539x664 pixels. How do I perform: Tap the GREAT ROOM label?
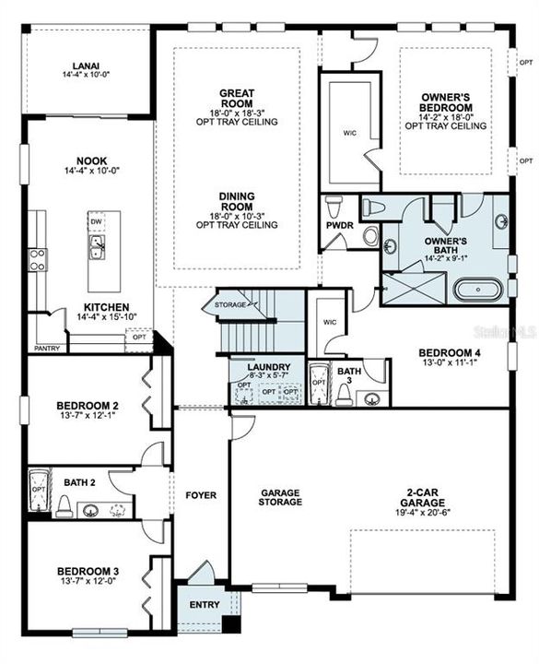point(237,93)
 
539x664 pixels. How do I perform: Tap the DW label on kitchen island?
point(97,222)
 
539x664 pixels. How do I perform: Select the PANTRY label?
point(46,350)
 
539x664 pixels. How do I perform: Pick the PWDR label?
point(334,224)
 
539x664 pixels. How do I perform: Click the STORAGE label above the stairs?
point(229,303)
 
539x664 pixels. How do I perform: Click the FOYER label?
point(201,495)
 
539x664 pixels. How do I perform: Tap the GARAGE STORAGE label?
point(280,497)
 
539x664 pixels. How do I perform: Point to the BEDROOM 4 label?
point(449,352)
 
